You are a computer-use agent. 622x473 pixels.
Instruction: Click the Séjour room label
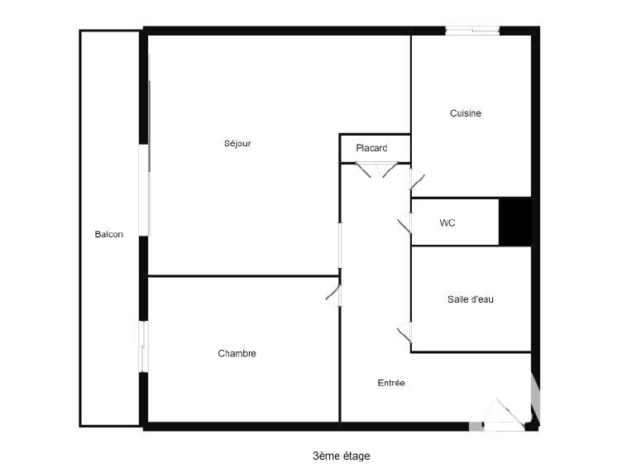[237, 144]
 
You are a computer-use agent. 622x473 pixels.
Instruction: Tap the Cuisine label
[466, 113]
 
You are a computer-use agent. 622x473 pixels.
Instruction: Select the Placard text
[371, 148]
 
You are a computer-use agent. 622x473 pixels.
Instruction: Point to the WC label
[447, 222]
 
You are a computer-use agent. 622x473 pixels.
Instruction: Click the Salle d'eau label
[471, 299]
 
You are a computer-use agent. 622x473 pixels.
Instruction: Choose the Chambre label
[237, 353]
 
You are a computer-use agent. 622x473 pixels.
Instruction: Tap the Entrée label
[391, 383]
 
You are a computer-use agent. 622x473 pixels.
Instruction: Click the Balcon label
[108, 234]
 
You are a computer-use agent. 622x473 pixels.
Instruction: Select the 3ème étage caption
[342, 456]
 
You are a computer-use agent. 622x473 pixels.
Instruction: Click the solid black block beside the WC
[515, 222]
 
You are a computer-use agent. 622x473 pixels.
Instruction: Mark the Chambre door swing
[333, 295]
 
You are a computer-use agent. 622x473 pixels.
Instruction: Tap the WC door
[404, 224]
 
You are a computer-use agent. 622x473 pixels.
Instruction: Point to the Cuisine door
[418, 179]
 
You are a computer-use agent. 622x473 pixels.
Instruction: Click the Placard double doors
[376, 170]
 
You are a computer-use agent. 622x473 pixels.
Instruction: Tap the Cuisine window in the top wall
[472, 31]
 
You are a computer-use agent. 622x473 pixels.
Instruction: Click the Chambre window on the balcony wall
[143, 346]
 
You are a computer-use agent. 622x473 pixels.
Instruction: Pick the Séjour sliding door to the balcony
[144, 190]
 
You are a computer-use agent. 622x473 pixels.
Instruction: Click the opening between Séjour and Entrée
[340, 246]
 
